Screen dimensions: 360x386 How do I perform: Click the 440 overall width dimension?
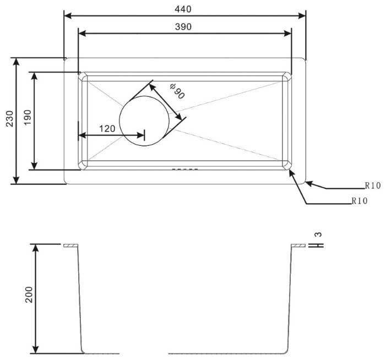[x=184, y=8]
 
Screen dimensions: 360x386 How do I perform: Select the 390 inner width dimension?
[x=184, y=27]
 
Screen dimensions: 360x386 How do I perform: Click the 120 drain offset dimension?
[x=106, y=129]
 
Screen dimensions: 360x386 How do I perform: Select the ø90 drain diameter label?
[x=177, y=91]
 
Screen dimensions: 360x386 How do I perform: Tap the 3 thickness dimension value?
[x=318, y=234]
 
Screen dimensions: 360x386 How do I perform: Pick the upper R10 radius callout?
[x=372, y=186]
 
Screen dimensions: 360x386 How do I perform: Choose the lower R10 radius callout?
[x=359, y=201]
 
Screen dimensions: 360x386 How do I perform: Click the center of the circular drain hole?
[x=144, y=121]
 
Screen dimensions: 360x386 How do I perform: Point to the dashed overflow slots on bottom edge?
[x=184, y=169]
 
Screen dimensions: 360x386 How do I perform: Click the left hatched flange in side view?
[x=71, y=246]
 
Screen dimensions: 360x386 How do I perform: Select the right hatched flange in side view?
[x=298, y=246]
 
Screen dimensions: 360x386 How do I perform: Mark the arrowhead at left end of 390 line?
[x=82, y=34]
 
